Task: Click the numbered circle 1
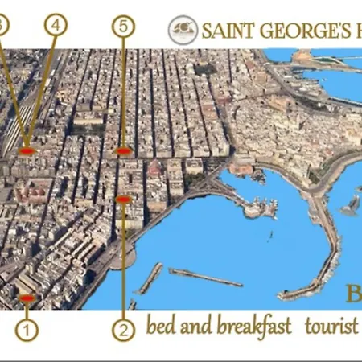coord(27,328)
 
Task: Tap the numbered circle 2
coord(123,328)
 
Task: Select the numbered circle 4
coord(55,26)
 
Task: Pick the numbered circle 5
coord(122,27)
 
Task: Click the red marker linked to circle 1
coord(27,298)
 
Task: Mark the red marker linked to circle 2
coord(123,199)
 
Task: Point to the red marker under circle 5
coord(122,150)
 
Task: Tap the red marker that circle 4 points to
coord(27,150)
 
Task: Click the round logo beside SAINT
coord(183,31)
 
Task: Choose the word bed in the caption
coord(159,327)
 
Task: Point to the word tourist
coord(331,327)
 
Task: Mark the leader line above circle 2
coord(124,257)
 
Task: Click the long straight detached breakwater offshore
coord(205,278)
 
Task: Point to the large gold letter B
coord(354,293)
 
